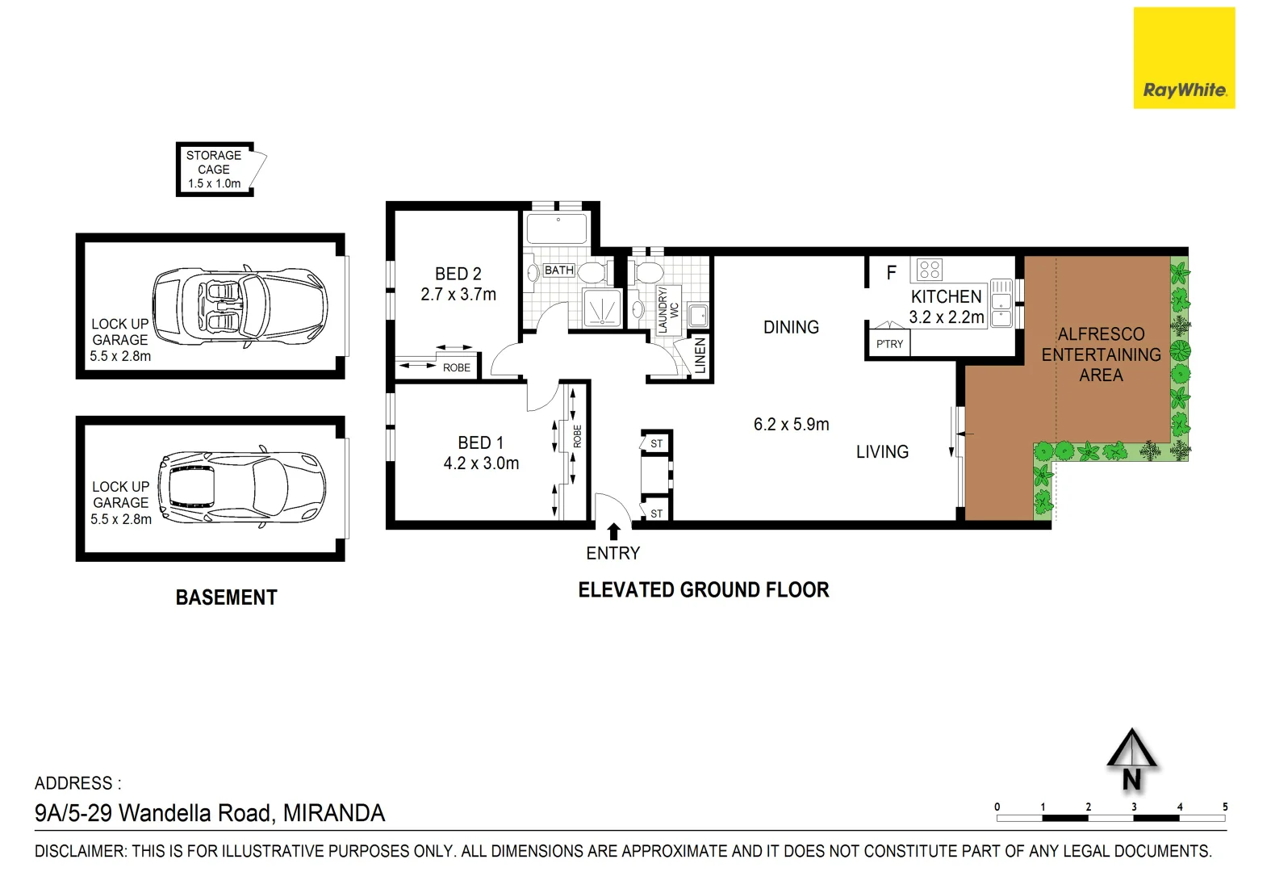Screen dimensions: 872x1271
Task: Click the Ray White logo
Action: (1184, 58)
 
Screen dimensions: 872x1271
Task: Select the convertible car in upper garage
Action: (240, 307)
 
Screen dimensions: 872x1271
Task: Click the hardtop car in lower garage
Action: (242, 487)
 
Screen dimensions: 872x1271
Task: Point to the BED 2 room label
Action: (458, 274)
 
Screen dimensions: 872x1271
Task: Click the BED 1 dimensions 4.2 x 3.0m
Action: (481, 463)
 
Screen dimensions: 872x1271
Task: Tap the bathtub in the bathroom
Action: (557, 228)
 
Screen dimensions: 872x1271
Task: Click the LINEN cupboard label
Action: (700, 355)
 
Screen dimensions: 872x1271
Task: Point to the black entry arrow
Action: (613, 531)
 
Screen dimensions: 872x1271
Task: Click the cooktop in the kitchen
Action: (930, 269)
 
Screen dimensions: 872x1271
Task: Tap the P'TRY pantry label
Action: (889, 344)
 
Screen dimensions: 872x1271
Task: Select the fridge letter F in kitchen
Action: (891, 273)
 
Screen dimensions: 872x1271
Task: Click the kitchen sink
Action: (1001, 303)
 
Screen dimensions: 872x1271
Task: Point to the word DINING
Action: (791, 327)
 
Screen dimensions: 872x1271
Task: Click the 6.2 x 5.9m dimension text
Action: (791, 424)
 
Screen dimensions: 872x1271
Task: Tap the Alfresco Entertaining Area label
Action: (1101, 354)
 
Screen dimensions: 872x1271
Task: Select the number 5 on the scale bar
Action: (1224, 807)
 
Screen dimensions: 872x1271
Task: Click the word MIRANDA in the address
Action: (334, 813)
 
